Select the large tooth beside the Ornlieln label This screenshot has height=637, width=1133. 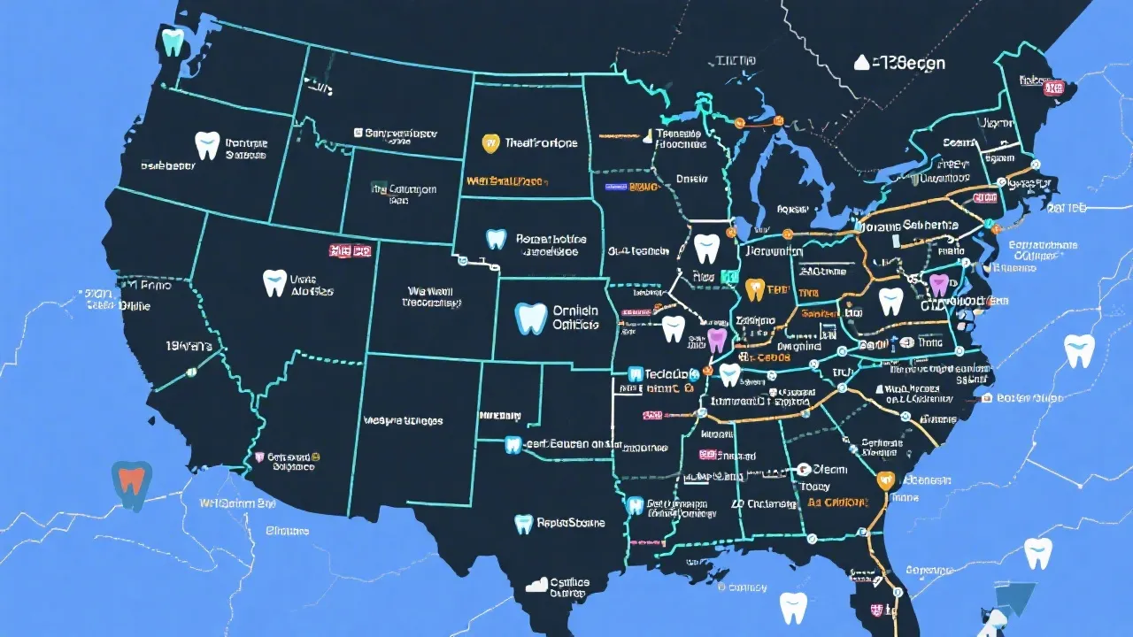pos(531,318)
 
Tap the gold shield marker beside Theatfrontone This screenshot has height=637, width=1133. pos(490,142)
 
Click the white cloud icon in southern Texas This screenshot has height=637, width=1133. pos(537,585)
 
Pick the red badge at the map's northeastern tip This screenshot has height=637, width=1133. pos(1054,87)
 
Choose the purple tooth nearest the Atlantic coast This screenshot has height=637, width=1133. pos(938,285)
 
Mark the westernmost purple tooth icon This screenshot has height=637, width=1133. pos(717,340)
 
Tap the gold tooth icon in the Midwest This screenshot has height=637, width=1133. pos(755,289)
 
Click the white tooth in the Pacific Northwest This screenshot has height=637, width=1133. pos(206,145)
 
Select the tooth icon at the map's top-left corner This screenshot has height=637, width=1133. pos(173,41)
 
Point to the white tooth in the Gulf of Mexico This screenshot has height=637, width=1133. pos(793,608)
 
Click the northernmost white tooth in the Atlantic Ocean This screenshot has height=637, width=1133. pos(1079,351)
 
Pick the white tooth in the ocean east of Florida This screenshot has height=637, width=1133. pos(1038,553)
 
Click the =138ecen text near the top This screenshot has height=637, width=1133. pos(908,63)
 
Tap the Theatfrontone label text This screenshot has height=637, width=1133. pos(541,142)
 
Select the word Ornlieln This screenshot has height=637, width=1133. pos(575,311)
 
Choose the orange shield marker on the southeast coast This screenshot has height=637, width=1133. pos(883,480)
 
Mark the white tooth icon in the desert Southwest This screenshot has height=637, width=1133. pos(274,283)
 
